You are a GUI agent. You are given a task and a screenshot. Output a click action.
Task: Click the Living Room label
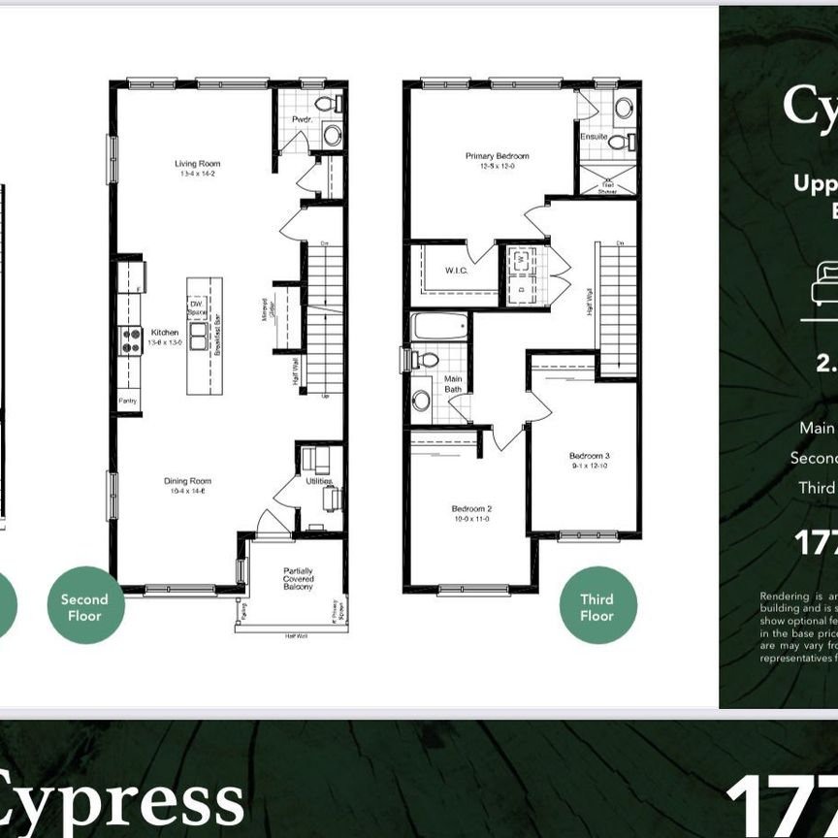click(x=192, y=164)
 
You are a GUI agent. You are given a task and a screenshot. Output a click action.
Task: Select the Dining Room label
click(x=188, y=481)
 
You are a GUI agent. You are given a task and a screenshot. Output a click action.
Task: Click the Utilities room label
click(x=318, y=481)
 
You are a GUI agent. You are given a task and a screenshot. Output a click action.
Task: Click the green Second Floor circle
click(x=84, y=605)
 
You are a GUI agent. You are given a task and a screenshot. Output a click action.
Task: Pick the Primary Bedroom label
click(x=497, y=156)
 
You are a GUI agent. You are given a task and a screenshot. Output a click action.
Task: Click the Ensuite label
click(x=594, y=138)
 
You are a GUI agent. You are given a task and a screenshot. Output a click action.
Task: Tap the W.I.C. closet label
click(x=457, y=270)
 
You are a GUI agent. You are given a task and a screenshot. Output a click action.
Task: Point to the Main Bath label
click(x=453, y=384)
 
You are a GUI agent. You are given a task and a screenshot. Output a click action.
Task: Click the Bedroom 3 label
click(x=589, y=455)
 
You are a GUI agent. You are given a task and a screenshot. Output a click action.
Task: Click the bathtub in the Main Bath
click(x=439, y=326)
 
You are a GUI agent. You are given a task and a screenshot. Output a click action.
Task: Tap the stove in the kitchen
click(x=130, y=340)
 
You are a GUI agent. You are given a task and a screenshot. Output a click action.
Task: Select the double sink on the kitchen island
click(x=199, y=336)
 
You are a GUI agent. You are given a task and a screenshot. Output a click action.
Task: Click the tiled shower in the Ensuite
click(x=608, y=177)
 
